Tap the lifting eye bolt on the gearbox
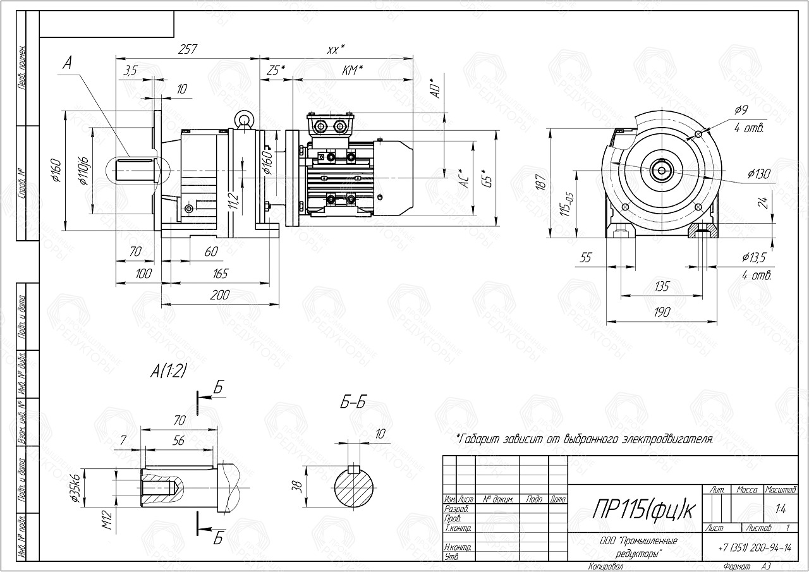tap(243, 118)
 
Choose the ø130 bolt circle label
tap(758, 174)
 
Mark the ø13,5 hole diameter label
tap(755, 257)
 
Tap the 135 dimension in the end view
tap(661, 286)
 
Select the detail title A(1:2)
tap(168, 372)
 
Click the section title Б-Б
tap(354, 403)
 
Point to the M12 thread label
tap(108, 520)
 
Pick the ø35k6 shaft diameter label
tap(74, 488)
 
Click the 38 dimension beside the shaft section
tap(297, 486)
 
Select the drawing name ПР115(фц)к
tap(635, 510)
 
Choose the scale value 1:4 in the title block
tap(781, 507)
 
